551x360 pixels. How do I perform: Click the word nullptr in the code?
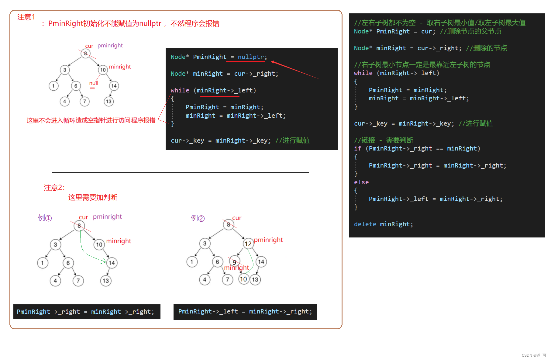pyautogui.click(x=251, y=57)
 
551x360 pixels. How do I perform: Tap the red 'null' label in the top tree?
pyautogui.click(x=94, y=83)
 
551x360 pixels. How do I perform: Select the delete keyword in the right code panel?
pyautogui.click(x=365, y=224)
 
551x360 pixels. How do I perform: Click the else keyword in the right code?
pyautogui.click(x=361, y=182)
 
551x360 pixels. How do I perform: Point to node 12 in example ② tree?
pyautogui.click(x=248, y=244)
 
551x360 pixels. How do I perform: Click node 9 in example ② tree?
pyautogui.click(x=234, y=262)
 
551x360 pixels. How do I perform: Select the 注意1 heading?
pyautogui.click(x=26, y=17)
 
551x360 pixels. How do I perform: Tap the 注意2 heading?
pyautogui.click(x=54, y=188)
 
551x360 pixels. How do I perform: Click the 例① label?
pyautogui.click(x=45, y=218)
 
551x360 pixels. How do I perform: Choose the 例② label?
pyautogui.click(x=198, y=218)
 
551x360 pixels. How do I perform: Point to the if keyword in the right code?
pyautogui.click(x=357, y=148)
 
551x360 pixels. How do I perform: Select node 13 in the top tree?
pyautogui.click(x=109, y=101)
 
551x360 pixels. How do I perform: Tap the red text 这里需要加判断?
pyautogui.click(x=93, y=198)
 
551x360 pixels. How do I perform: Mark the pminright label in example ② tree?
pyautogui.click(x=268, y=240)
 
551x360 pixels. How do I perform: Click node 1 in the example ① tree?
pyautogui.click(x=43, y=263)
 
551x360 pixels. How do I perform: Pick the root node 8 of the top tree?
pyautogui.click(x=85, y=54)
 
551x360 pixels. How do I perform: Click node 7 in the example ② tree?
pyautogui.click(x=227, y=279)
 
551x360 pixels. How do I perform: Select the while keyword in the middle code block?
pyautogui.click(x=180, y=90)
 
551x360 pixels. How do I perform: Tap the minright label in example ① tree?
pyautogui.click(x=119, y=241)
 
